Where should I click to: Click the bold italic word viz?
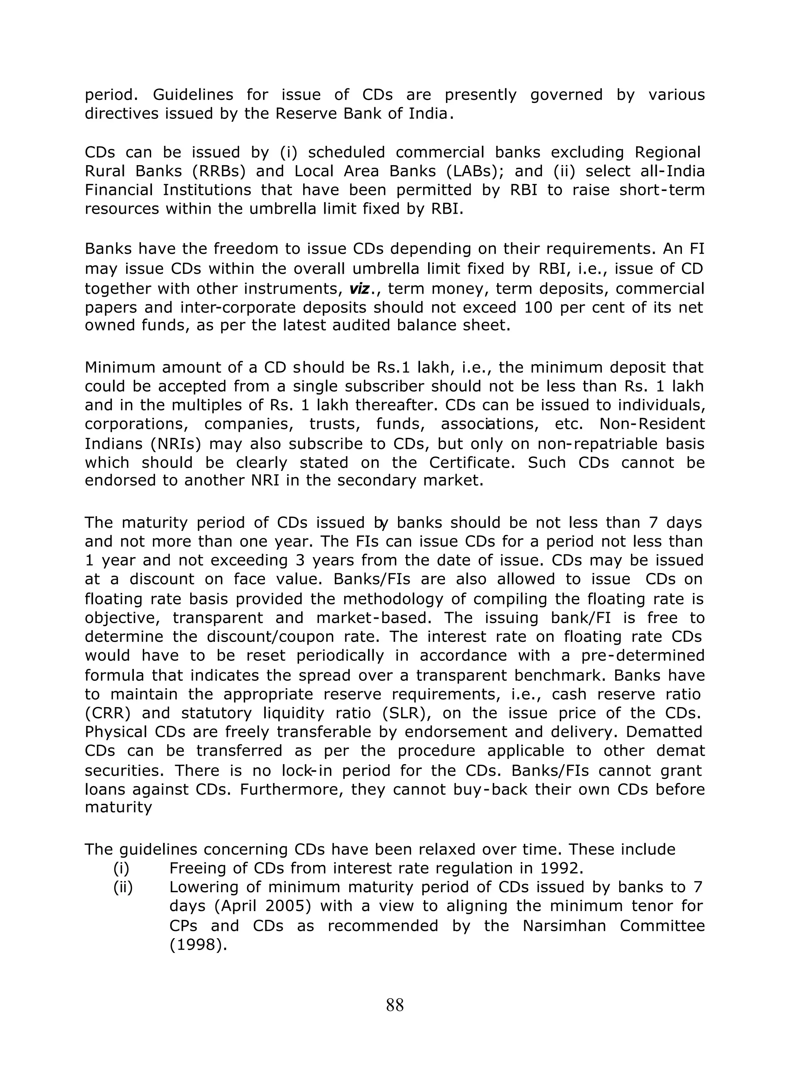[359, 288]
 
